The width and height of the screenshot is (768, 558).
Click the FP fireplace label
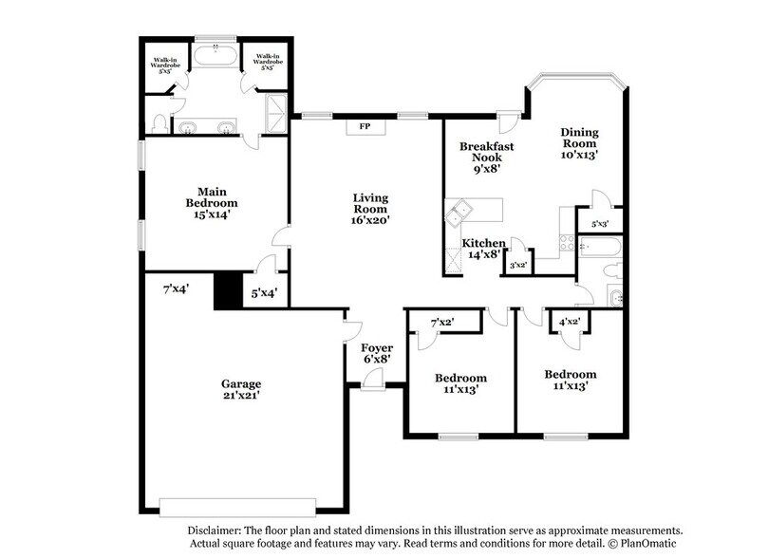[364, 125]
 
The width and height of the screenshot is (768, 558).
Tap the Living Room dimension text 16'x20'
[370, 219]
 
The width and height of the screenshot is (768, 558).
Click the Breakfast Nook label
[486, 146]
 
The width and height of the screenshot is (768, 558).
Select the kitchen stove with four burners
[567, 242]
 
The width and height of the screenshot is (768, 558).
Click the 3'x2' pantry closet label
[519, 265]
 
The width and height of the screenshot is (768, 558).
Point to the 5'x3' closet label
[600, 224]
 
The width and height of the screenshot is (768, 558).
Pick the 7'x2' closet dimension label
[442, 324]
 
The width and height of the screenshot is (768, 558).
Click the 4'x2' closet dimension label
[570, 324]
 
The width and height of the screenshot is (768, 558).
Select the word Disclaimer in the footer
[215, 530]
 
